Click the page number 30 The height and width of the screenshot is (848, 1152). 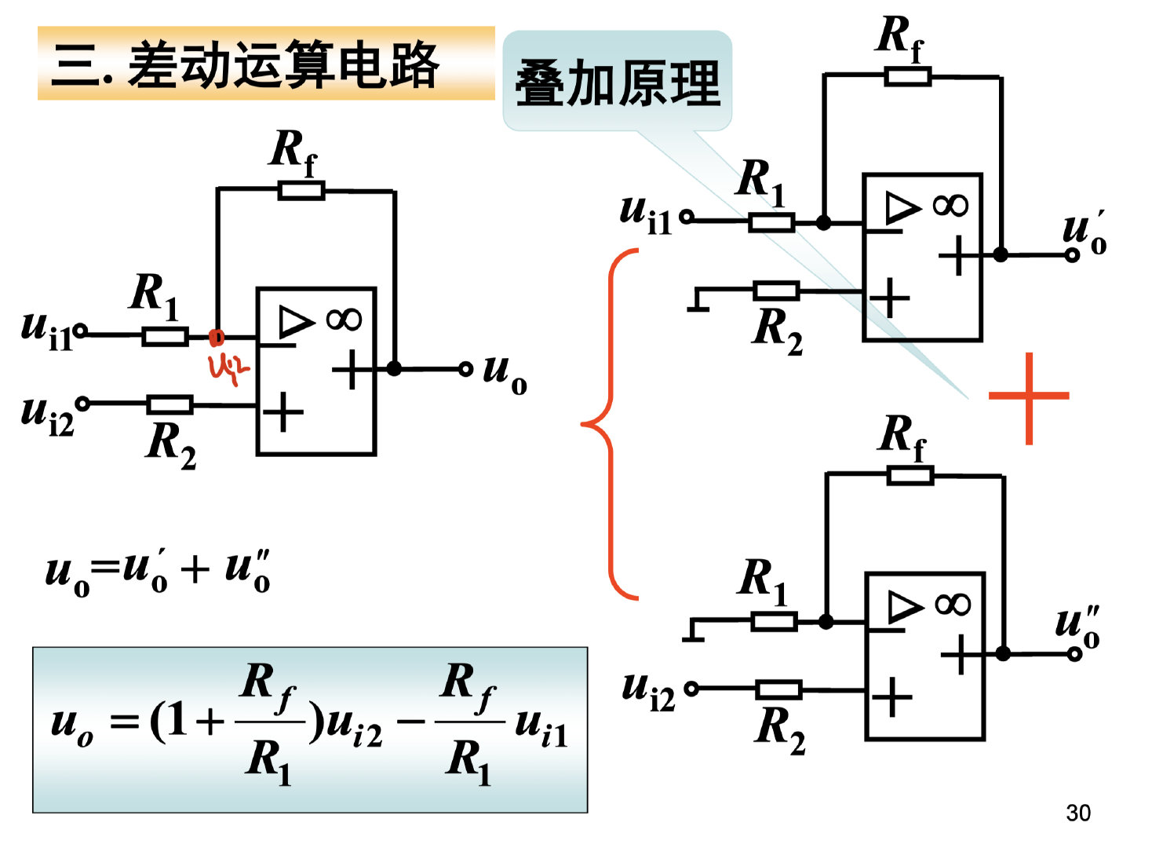(1077, 813)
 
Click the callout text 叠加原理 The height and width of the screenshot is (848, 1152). (617, 83)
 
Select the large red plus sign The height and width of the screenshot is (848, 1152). (1028, 397)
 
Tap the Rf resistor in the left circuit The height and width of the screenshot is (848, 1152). (301, 190)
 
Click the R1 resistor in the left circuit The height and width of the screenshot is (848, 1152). (165, 337)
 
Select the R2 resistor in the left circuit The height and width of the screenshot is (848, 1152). (170, 405)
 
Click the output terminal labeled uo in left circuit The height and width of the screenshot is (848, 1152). (465, 368)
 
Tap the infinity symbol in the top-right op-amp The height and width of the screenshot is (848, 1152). (950, 206)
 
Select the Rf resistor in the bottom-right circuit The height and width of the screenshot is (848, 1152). (910, 475)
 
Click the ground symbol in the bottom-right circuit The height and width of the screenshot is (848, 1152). (693, 631)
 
